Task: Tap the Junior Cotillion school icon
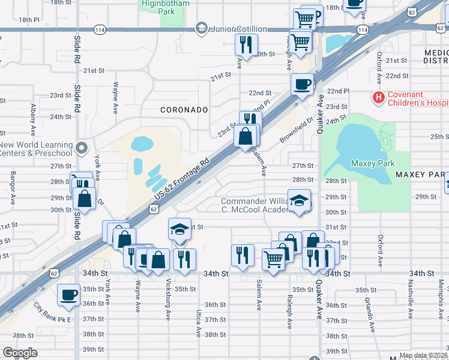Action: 201,28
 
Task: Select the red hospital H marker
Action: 379,97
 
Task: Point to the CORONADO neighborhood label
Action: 184,110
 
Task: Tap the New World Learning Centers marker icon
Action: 83,146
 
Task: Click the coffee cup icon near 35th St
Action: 68,295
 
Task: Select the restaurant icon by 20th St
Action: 246,44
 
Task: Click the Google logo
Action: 20,353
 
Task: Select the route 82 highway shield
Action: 411,11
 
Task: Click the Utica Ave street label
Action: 197,325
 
